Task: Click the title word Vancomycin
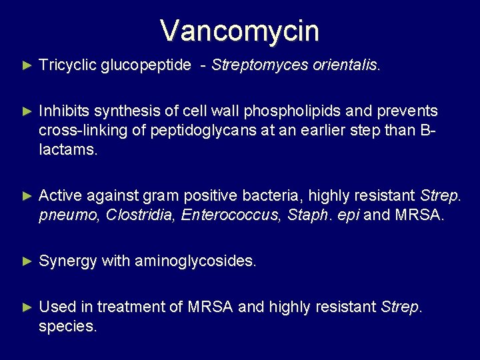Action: point(240,31)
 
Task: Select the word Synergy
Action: point(67,261)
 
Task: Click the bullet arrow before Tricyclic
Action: point(27,65)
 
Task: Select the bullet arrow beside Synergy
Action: point(27,261)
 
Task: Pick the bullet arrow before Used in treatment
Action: point(27,307)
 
